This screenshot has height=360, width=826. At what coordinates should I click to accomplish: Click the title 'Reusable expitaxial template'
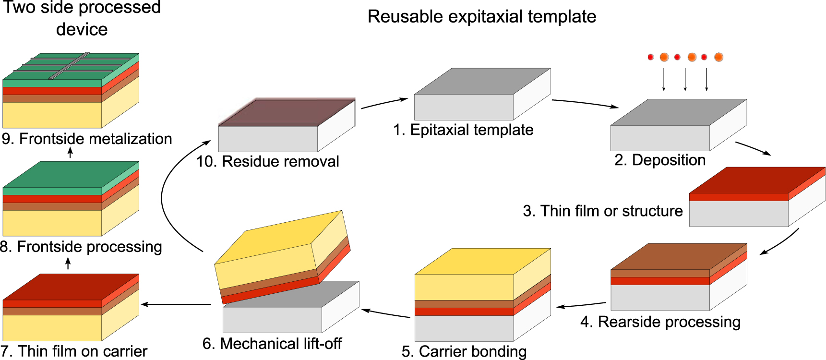coord(481,17)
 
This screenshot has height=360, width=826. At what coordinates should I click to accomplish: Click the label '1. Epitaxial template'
coord(463,130)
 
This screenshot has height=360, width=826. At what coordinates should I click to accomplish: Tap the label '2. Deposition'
coord(659,160)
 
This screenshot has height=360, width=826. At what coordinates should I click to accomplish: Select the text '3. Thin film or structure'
coord(602,211)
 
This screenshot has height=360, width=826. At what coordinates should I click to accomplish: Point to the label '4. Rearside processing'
coord(660,322)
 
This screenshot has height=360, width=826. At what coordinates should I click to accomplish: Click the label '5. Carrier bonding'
coord(464,351)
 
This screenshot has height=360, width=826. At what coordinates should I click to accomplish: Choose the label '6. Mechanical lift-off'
coord(272,344)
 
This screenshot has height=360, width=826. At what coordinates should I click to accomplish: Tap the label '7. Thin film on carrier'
coord(74,351)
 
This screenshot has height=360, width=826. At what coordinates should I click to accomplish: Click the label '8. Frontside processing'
coord(81,247)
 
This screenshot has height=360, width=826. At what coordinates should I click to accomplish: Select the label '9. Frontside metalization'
coord(86,139)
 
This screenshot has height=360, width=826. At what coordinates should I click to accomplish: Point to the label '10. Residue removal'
coord(267,161)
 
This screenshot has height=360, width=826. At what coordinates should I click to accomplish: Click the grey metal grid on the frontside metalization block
coord(70,66)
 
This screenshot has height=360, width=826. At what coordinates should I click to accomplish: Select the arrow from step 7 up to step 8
coord(68,263)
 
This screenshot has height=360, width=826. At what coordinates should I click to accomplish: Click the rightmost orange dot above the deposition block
coord(718,57)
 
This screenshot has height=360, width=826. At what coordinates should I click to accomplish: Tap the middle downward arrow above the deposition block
coord(685,80)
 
